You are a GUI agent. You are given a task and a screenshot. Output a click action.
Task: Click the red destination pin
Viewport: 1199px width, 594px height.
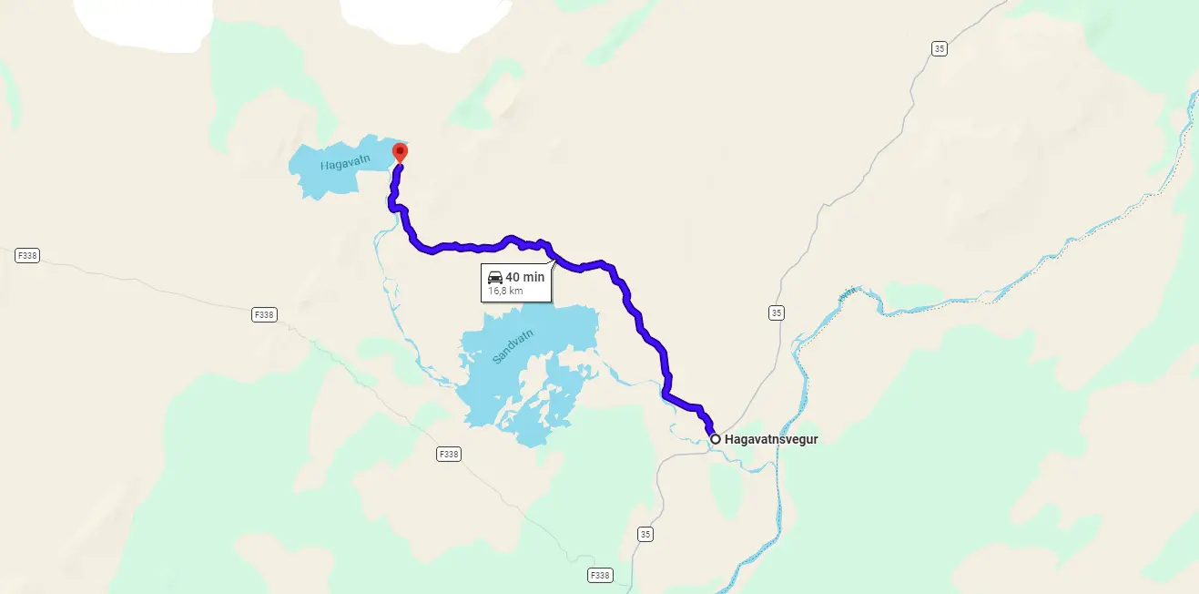pyautogui.click(x=399, y=152)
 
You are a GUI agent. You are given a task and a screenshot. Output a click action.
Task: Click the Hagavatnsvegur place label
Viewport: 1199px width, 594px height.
pyautogui.click(x=771, y=439)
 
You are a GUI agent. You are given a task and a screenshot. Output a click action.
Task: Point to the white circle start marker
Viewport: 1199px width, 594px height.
pyautogui.click(x=716, y=439)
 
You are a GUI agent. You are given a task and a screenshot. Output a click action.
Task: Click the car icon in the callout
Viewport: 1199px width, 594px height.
pyautogui.click(x=495, y=277)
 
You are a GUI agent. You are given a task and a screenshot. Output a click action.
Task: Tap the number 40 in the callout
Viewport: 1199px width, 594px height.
pyautogui.click(x=513, y=277)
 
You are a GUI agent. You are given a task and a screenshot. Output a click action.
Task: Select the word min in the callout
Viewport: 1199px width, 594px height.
pyautogui.click(x=533, y=277)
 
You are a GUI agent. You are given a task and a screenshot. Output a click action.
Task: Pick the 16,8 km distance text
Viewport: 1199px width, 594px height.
pyautogui.click(x=505, y=291)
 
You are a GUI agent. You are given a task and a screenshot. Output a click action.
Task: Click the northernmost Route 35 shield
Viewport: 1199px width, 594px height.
pyautogui.click(x=940, y=48)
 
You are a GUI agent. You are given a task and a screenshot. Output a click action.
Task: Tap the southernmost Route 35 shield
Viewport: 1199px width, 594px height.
pyautogui.click(x=645, y=534)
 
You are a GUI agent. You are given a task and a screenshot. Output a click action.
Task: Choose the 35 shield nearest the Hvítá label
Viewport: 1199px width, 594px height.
pyautogui.click(x=776, y=312)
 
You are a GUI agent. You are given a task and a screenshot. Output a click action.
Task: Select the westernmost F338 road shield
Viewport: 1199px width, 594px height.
pyautogui.click(x=27, y=256)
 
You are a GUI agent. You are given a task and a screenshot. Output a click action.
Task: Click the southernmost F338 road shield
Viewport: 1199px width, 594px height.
pyautogui.click(x=599, y=575)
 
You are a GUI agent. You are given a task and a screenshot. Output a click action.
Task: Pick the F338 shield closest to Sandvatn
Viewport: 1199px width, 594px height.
pyautogui.click(x=448, y=454)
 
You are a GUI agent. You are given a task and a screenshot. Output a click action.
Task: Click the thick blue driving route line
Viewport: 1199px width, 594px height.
pyautogui.click(x=637, y=319)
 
